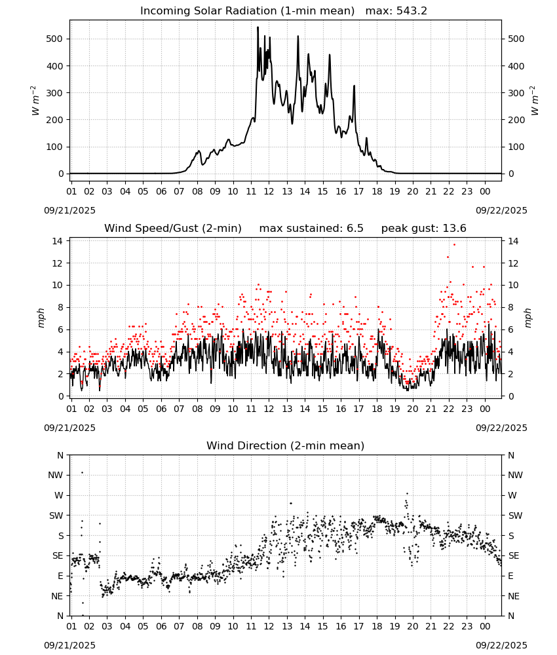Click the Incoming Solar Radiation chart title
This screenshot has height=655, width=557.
(247, 11)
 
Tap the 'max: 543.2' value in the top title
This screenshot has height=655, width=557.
(396, 11)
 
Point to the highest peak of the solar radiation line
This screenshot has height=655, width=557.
(258, 28)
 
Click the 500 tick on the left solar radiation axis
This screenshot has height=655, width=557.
(54, 39)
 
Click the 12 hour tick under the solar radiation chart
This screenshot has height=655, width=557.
(269, 191)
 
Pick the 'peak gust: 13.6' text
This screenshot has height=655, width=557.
(424, 229)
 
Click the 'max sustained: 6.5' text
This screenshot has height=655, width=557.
(311, 229)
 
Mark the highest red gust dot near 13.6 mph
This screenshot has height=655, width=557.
(455, 245)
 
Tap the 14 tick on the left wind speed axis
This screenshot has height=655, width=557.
(58, 241)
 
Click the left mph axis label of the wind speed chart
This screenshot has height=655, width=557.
(41, 318)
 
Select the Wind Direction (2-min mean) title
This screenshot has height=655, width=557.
(286, 445)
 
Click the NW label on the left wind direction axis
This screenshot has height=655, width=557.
(56, 475)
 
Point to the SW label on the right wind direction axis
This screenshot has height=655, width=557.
(515, 515)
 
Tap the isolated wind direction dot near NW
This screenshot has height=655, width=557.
(83, 472)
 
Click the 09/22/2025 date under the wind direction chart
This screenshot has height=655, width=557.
(501, 645)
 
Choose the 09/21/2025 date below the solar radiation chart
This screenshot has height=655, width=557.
(69, 210)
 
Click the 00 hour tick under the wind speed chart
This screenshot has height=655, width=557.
(485, 409)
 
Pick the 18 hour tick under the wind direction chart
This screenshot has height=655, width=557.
(377, 626)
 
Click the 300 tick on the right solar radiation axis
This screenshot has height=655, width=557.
(516, 93)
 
